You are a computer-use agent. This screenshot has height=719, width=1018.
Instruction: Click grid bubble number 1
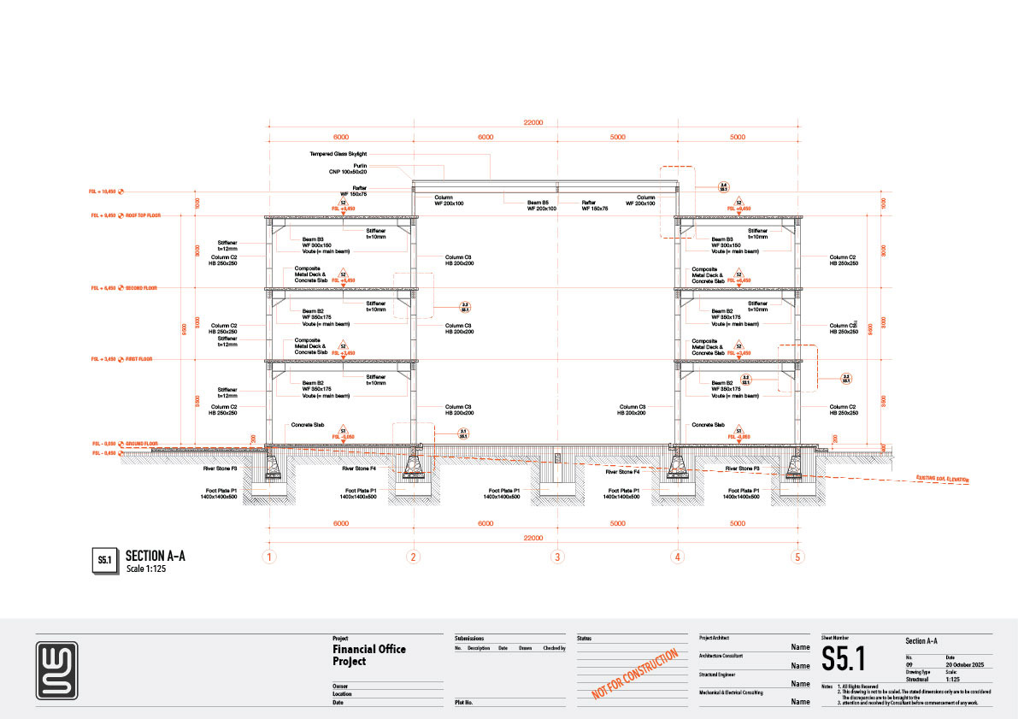(269, 557)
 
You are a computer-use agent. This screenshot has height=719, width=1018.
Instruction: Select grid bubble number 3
(557, 557)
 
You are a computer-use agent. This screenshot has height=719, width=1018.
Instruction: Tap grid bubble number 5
(798, 557)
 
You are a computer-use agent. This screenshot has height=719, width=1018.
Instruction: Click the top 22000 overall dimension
(533, 122)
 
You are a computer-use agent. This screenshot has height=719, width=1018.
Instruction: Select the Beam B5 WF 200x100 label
(541, 206)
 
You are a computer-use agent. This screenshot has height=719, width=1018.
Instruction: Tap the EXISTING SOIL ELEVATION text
(943, 480)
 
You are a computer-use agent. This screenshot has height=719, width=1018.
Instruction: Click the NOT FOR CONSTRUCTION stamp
(635, 675)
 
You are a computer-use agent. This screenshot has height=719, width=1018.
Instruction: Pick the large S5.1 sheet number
(844, 659)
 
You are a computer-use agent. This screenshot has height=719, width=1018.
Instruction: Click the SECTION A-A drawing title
(156, 556)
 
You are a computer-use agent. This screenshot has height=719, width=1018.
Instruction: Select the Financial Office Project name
(369, 655)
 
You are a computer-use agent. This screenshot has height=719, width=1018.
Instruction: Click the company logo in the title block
(57, 670)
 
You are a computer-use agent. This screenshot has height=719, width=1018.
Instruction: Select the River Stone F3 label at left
(232, 469)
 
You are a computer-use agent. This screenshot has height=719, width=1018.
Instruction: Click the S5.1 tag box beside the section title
(103, 561)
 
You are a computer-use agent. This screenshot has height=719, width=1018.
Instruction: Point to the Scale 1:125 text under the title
(145, 569)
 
